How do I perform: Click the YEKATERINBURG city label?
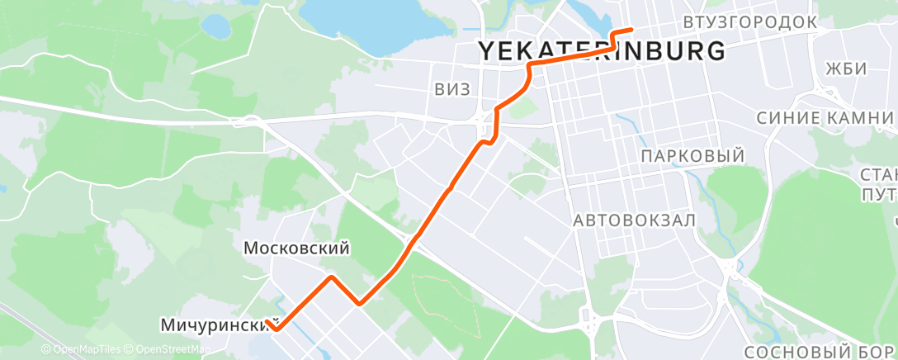(603, 51)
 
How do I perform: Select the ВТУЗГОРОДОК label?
(750, 21)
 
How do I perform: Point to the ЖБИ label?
(847, 69)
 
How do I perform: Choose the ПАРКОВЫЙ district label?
(692, 156)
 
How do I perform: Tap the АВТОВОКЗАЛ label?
(635, 220)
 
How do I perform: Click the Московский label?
(297, 248)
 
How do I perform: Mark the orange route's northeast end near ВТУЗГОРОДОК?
(631, 30)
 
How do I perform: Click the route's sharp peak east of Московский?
(332, 277)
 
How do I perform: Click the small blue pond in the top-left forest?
(215, 26)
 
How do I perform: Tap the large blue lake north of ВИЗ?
(363, 21)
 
